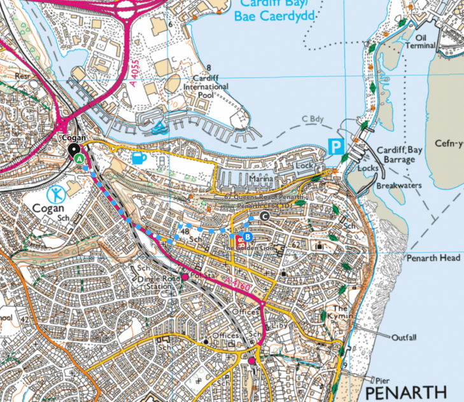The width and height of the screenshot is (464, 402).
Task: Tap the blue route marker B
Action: [248, 237]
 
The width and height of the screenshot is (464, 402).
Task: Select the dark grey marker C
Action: [265, 217]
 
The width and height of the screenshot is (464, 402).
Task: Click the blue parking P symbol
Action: [335, 147]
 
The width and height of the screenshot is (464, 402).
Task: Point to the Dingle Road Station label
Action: [155, 282]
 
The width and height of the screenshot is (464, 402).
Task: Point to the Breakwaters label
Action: [400, 186]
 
